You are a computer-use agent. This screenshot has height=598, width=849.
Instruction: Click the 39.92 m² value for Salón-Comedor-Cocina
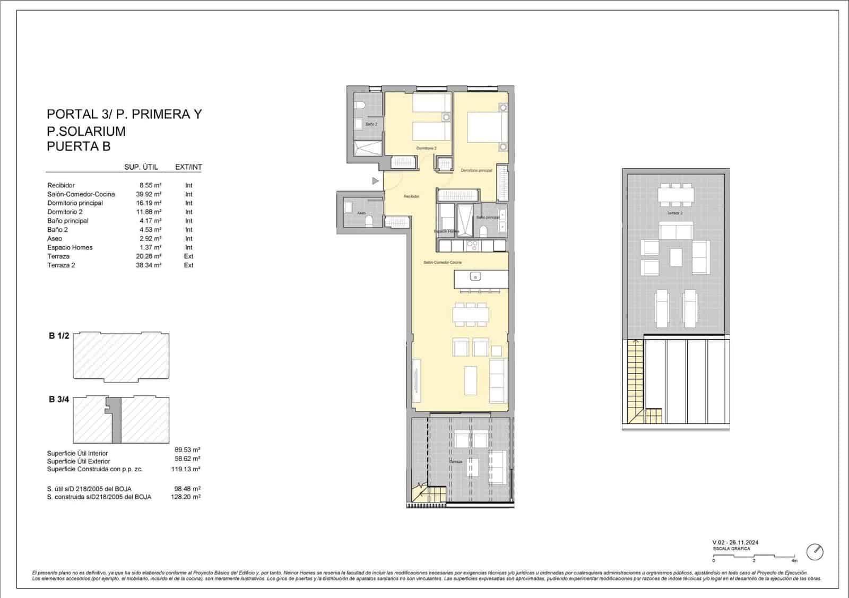click(x=149, y=194)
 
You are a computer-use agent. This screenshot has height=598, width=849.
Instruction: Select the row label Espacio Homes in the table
click(x=70, y=247)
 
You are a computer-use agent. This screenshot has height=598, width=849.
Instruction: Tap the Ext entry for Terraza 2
click(x=188, y=265)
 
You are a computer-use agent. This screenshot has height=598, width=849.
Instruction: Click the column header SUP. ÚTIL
click(x=141, y=167)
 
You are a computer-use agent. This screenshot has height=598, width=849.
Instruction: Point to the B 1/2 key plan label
click(x=59, y=336)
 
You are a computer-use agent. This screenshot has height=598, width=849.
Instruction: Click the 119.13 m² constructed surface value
click(x=187, y=469)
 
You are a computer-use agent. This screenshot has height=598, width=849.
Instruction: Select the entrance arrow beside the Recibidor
click(x=376, y=181)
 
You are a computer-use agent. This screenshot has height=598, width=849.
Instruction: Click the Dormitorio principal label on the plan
click(x=476, y=170)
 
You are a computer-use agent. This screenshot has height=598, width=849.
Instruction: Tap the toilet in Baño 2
click(x=359, y=106)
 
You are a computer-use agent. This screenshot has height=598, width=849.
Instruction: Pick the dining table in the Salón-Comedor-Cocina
click(x=470, y=315)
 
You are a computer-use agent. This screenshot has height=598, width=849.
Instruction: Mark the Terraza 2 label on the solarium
click(x=674, y=213)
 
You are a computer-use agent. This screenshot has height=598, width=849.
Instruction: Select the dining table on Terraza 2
click(x=676, y=196)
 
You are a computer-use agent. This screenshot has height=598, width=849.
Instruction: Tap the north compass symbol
click(x=815, y=552)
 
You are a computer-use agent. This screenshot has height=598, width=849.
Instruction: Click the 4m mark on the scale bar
click(x=794, y=560)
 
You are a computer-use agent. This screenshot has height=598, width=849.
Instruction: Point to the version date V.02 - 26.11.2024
click(x=735, y=542)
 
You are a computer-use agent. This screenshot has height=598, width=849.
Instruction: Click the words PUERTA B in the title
click(x=79, y=146)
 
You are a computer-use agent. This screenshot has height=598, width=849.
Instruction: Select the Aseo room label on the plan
click(x=361, y=213)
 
